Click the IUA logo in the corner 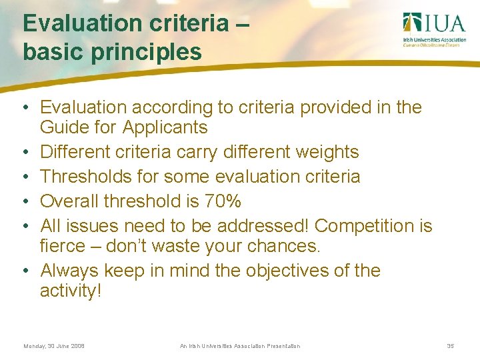434,30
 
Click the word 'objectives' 292,271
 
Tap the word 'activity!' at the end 71,291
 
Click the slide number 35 450,346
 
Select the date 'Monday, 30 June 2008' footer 54,346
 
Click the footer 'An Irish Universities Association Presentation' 240,346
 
